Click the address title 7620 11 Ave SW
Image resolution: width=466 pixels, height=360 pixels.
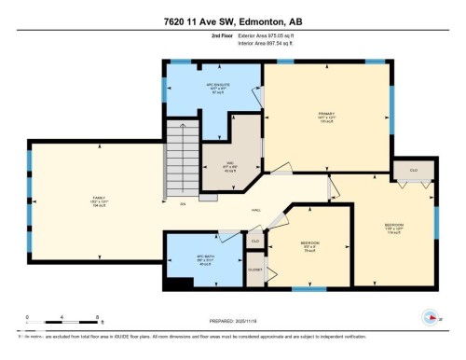point(232,21)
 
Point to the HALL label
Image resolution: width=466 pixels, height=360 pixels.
point(254,211)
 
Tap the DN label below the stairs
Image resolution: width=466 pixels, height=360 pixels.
point(183,203)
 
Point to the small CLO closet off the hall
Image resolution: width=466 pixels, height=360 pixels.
point(254,241)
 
